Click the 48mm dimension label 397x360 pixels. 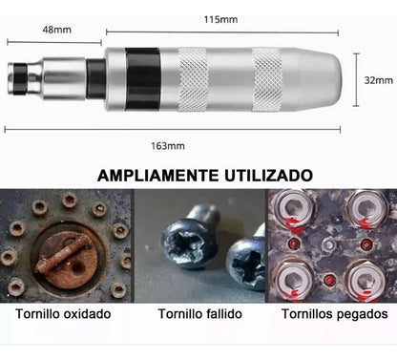pyautogui.click(x=56, y=30)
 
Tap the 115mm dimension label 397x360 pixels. pyautogui.click(x=220, y=19)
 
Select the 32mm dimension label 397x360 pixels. pyautogui.click(x=379, y=80)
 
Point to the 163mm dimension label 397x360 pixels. pyautogui.click(x=168, y=146)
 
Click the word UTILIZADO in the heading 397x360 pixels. pyautogui.click(x=269, y=175)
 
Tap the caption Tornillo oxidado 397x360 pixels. pyautogui.click(x=63, y=314)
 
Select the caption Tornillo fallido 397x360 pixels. pyautogui.click(x=200, y=314)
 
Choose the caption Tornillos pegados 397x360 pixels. pyautogui.click(x=335, y=314)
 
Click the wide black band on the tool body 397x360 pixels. pyautogui.click(x=142, y=79)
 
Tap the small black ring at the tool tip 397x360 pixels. pyautogui.click(x=21, y=79)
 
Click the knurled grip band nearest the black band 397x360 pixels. pyautogui.click(x=193, y=79)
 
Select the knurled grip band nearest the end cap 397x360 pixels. pyautogui.click(x=267, y=79)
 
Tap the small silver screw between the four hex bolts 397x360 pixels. pyautogui.click(x=328, y=244)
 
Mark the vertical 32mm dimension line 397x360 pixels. pyautogui.click(x=357, y=79)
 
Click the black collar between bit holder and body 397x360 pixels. pyautogui.click(x=96, y=79)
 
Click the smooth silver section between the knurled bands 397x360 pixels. pyautogui.click(x=230, y=79)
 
